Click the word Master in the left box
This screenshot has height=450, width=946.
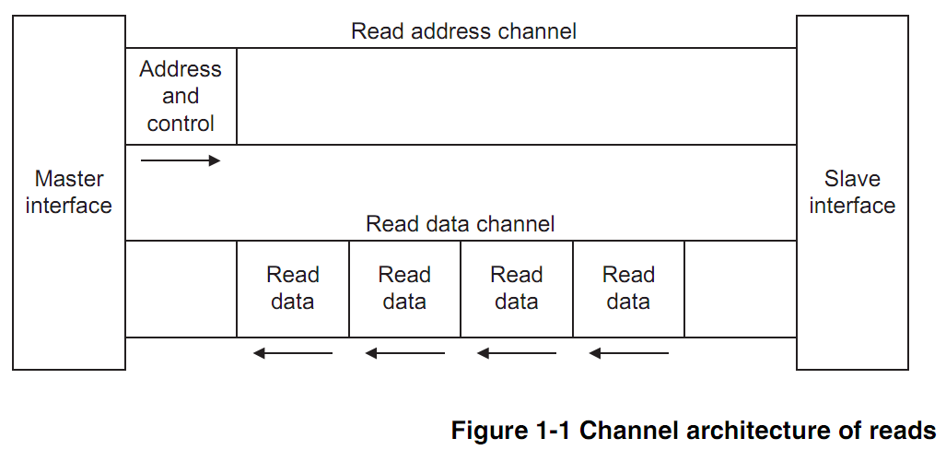pos(69,179)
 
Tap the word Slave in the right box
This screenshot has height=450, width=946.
pos(852,179)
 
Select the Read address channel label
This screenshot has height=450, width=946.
pos(463,30)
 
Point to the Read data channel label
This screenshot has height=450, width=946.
pos(460,224)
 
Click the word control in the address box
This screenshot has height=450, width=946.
pos(181,124)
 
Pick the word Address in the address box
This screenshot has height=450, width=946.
pos(181,69)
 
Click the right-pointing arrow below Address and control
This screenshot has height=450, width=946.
pos(180,160)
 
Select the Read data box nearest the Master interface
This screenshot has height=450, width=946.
pos(293,289)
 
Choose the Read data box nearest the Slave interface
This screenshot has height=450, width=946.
pos(628,289)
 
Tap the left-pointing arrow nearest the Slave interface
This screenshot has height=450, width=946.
pos(628,353)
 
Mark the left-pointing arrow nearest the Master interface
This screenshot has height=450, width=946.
pos(293,353)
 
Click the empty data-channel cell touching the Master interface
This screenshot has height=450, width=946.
pos(181,289)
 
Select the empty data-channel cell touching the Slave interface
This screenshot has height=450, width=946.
pos(741,289)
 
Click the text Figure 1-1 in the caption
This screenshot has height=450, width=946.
pos(512,431)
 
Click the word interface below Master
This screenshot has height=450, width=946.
pos(69,206)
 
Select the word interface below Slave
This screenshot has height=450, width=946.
pos(852,206)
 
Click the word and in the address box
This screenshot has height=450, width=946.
pos(181,97)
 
